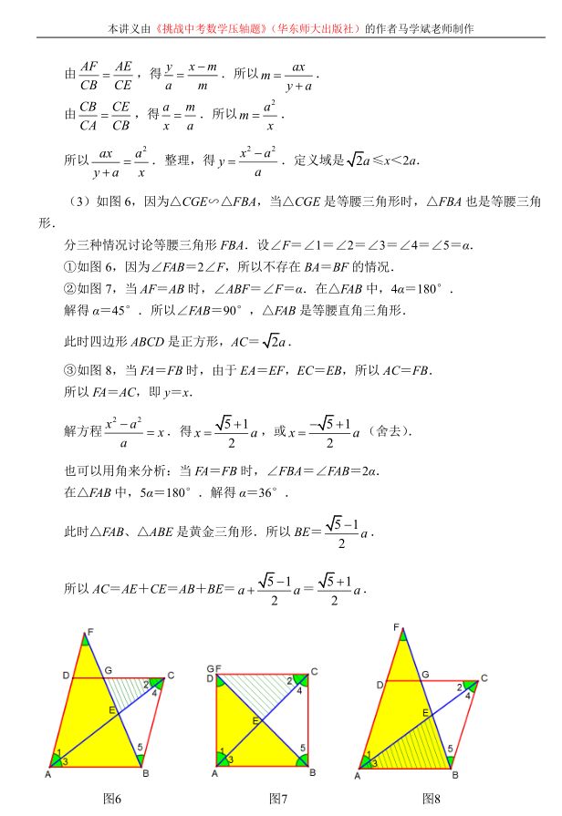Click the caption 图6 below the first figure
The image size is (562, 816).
pyautogui.click(x=112, y=799)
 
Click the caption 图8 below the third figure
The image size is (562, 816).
pyautogui.click(x=431, y=799)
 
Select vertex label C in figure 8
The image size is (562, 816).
pyautogui.click(x=484, y=677)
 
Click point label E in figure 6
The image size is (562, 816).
pyautogui.click(x=111, y=710)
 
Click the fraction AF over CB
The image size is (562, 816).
pyautogui.click(x=88, y=77)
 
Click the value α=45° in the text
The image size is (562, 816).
pyautogui.click(x=115, y=310)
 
